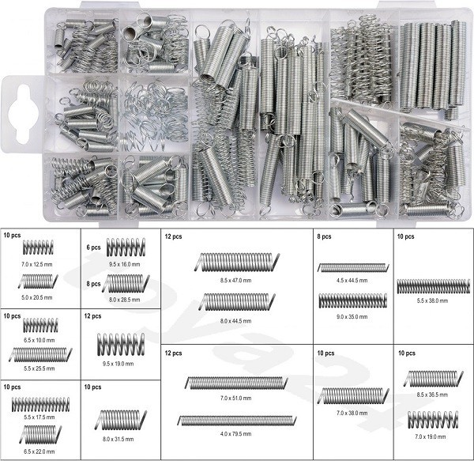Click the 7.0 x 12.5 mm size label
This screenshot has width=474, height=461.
[x=37, y=264]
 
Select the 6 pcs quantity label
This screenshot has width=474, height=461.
[x=93, y=248]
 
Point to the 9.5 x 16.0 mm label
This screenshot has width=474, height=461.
[x=125, y=264]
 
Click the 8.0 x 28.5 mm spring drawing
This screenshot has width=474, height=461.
[x=126, y=283]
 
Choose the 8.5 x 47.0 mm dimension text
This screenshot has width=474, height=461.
[x=235, y=281]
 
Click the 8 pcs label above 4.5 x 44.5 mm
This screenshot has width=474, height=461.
[x=324, y=236]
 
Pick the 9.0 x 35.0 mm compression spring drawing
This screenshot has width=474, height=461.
[x=353, y=300]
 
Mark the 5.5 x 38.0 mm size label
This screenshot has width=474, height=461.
[x=432, y=301]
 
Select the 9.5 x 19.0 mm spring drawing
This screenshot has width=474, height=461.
[x=121, y=344]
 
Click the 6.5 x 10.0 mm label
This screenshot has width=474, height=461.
[x=39, y=340]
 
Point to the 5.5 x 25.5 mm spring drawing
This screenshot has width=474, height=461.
[x=40, y=354]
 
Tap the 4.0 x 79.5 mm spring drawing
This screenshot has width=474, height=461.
[x=237, y=421]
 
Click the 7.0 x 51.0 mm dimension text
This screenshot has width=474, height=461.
[x=235, y=398]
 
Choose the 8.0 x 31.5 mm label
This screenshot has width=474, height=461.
[x=118, y=439]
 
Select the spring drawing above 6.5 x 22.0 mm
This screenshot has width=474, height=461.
[x=40, y=433]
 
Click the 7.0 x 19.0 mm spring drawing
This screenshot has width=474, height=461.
[x=433, y=420]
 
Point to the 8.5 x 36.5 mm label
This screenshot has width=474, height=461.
[x=432, y=395]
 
